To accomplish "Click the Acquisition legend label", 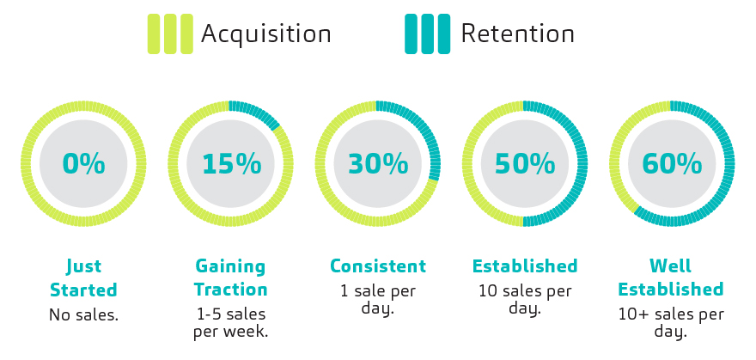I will coord(265,34).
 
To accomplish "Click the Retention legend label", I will coord(517,34).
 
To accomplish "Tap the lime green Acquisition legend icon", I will coord(170,34).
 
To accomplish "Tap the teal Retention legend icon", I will coord(427,34).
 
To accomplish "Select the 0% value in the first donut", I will coord(83,163).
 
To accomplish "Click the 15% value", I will coord(230,163).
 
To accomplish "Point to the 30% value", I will coord(377,163).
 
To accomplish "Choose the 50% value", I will coord(524,163).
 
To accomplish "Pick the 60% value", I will coord(671,163).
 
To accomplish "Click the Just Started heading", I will coord(83,278).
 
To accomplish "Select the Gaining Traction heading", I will coord(230,278).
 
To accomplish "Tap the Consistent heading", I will coord(378,266).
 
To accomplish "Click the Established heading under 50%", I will coord(525,266).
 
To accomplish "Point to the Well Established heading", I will coord(671,278).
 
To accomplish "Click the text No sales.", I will coord(83,315).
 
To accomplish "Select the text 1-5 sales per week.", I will coord(230,322).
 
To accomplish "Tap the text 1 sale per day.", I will coord(378,299).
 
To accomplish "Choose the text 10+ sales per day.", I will coord(671,322).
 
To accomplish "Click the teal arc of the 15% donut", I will coord(257,113).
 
